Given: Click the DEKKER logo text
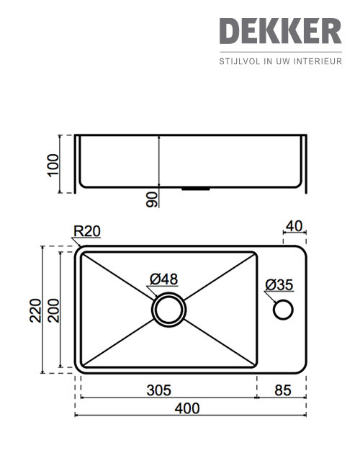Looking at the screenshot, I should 280,31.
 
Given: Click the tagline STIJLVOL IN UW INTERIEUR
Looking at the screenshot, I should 280,62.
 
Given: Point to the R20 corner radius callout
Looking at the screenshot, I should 86,231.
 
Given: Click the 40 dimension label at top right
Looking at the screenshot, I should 294,226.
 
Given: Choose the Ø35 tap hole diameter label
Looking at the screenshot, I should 279,285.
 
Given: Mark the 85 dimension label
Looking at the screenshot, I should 283,390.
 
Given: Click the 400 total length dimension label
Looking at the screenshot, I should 187,408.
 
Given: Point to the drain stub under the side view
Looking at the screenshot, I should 195,188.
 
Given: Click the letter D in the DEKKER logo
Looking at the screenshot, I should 230,31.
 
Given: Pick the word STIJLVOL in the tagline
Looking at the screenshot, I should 239,62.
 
